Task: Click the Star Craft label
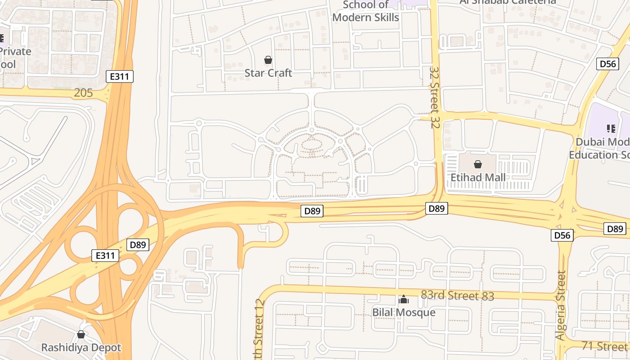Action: tap(268, 73)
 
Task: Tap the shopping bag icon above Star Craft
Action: tap(268, 60)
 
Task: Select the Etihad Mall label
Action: tap(478, 177)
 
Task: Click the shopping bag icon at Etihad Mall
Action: tap(478, 164)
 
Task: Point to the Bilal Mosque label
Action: tap(404, 312)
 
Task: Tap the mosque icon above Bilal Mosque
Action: tap(404, 299)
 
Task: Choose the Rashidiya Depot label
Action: tap(81, 348)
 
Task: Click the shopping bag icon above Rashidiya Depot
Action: tap(81, 334)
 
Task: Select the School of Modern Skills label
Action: tap(365, 11)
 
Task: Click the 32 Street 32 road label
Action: tap(435, 97)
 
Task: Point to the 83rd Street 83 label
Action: tap(457, 296)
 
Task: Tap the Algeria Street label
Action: tap(560, 305)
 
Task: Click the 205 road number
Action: tap(84, 93)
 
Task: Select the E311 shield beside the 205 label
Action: tap(120, 76)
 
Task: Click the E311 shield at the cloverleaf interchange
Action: tap(105, 256)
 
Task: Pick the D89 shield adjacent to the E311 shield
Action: tap(138, 245)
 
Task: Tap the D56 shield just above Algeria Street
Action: tap(562, 235)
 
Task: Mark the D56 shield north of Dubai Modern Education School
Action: tap(607, 64)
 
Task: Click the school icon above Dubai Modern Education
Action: tap(611, 129)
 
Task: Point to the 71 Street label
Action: tap(604, 346)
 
